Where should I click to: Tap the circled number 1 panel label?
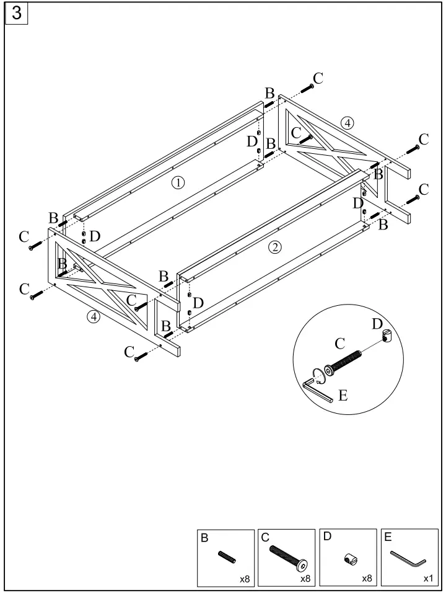coord(178,182)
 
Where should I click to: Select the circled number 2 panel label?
coord(275,247)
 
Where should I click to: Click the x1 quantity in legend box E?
coord(427,578)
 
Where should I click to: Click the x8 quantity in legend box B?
coord(245,578)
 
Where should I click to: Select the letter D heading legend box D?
coord(326,538)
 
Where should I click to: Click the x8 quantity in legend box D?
coord(367,578)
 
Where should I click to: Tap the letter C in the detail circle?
coord(339,342)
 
